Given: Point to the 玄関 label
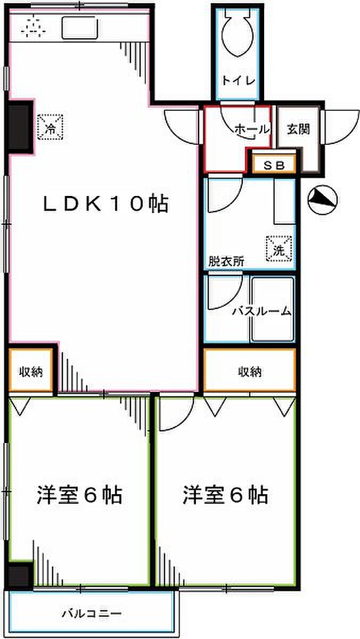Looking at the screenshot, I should (x=298, y=128).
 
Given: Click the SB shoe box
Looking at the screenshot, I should (x=273, y=165).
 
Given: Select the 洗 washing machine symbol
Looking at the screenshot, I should (x=280, y=248).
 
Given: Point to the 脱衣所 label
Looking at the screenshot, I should (x=226, y=262).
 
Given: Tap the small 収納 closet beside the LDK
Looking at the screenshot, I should (x=31, y=371).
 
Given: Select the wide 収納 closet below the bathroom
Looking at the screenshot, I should (x=250, y=372).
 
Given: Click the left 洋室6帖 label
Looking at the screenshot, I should (x=79, y=495).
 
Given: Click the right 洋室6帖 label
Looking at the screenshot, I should (x=225, y=495).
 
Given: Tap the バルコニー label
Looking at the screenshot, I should (x=92, y=614).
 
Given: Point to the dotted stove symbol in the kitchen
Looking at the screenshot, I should (x=33, y=26).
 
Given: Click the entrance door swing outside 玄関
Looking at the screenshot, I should (x=340, y=127).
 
